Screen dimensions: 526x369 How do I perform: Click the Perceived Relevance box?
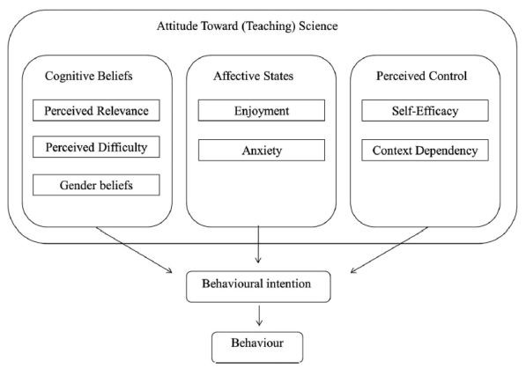tap(96, 110)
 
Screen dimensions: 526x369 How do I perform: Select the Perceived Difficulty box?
tap(96, 147)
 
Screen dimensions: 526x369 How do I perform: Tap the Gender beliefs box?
tap(96, 185)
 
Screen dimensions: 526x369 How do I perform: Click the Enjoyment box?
tap(262, 110)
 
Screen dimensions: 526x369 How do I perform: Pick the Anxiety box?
tap(262, 151)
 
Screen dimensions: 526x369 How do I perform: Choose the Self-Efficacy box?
tap(425, 110)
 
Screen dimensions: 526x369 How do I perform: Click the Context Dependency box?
tap(425, 151)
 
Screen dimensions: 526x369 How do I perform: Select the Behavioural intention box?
tap(258, 287)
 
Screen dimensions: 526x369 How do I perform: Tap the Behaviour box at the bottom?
tap(257, 347)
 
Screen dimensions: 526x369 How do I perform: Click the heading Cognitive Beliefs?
tap(89, 76)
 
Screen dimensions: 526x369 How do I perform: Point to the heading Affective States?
tap(253, 76)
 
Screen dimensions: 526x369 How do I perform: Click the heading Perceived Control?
tap(421, 76)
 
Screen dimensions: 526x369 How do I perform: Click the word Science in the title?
tap(318, 26)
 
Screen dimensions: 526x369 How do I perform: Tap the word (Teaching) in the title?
tap(269, 26)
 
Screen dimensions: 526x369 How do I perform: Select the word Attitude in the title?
tap(177, 26)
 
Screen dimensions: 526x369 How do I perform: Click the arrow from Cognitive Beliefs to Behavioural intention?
tap(134, 250)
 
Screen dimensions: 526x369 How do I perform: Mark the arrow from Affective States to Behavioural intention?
tap(258, 244)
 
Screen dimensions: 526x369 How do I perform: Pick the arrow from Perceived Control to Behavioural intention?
tap(389, 250)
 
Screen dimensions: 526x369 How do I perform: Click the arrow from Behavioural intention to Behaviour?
tap(259, 315)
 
